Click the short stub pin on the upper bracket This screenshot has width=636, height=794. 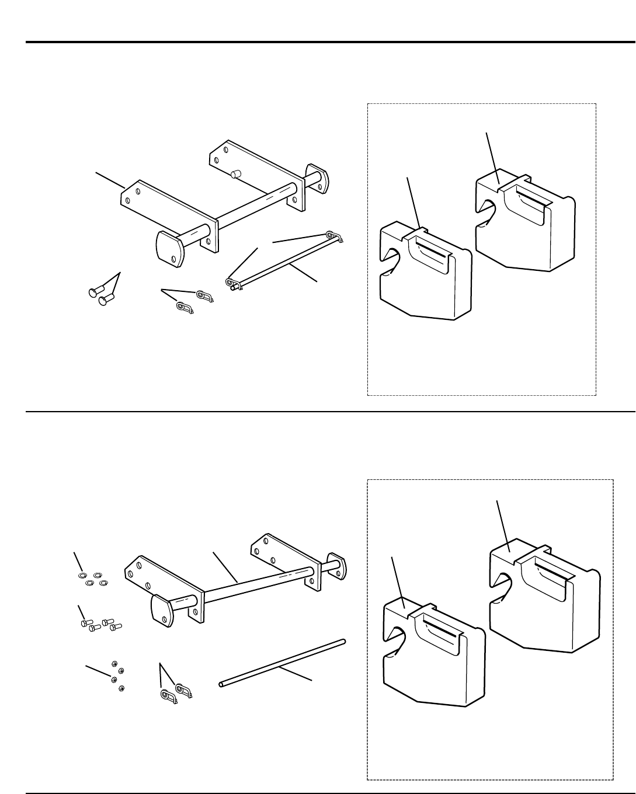237,175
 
